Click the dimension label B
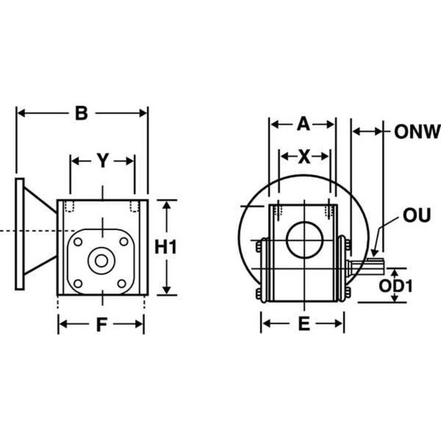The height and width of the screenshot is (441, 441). pos(81,114)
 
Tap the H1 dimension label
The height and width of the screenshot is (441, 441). pos(168,247)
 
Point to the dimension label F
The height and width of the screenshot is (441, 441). pos(101,324)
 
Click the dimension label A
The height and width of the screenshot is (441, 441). pos(303,124)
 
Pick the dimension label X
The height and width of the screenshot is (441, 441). pos(304,156)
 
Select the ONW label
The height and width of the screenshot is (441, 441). pos(412,132)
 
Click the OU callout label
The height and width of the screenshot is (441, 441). pos(416,216)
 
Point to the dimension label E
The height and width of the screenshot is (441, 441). pos(303,324)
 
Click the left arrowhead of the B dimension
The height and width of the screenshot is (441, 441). pos(20,114)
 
